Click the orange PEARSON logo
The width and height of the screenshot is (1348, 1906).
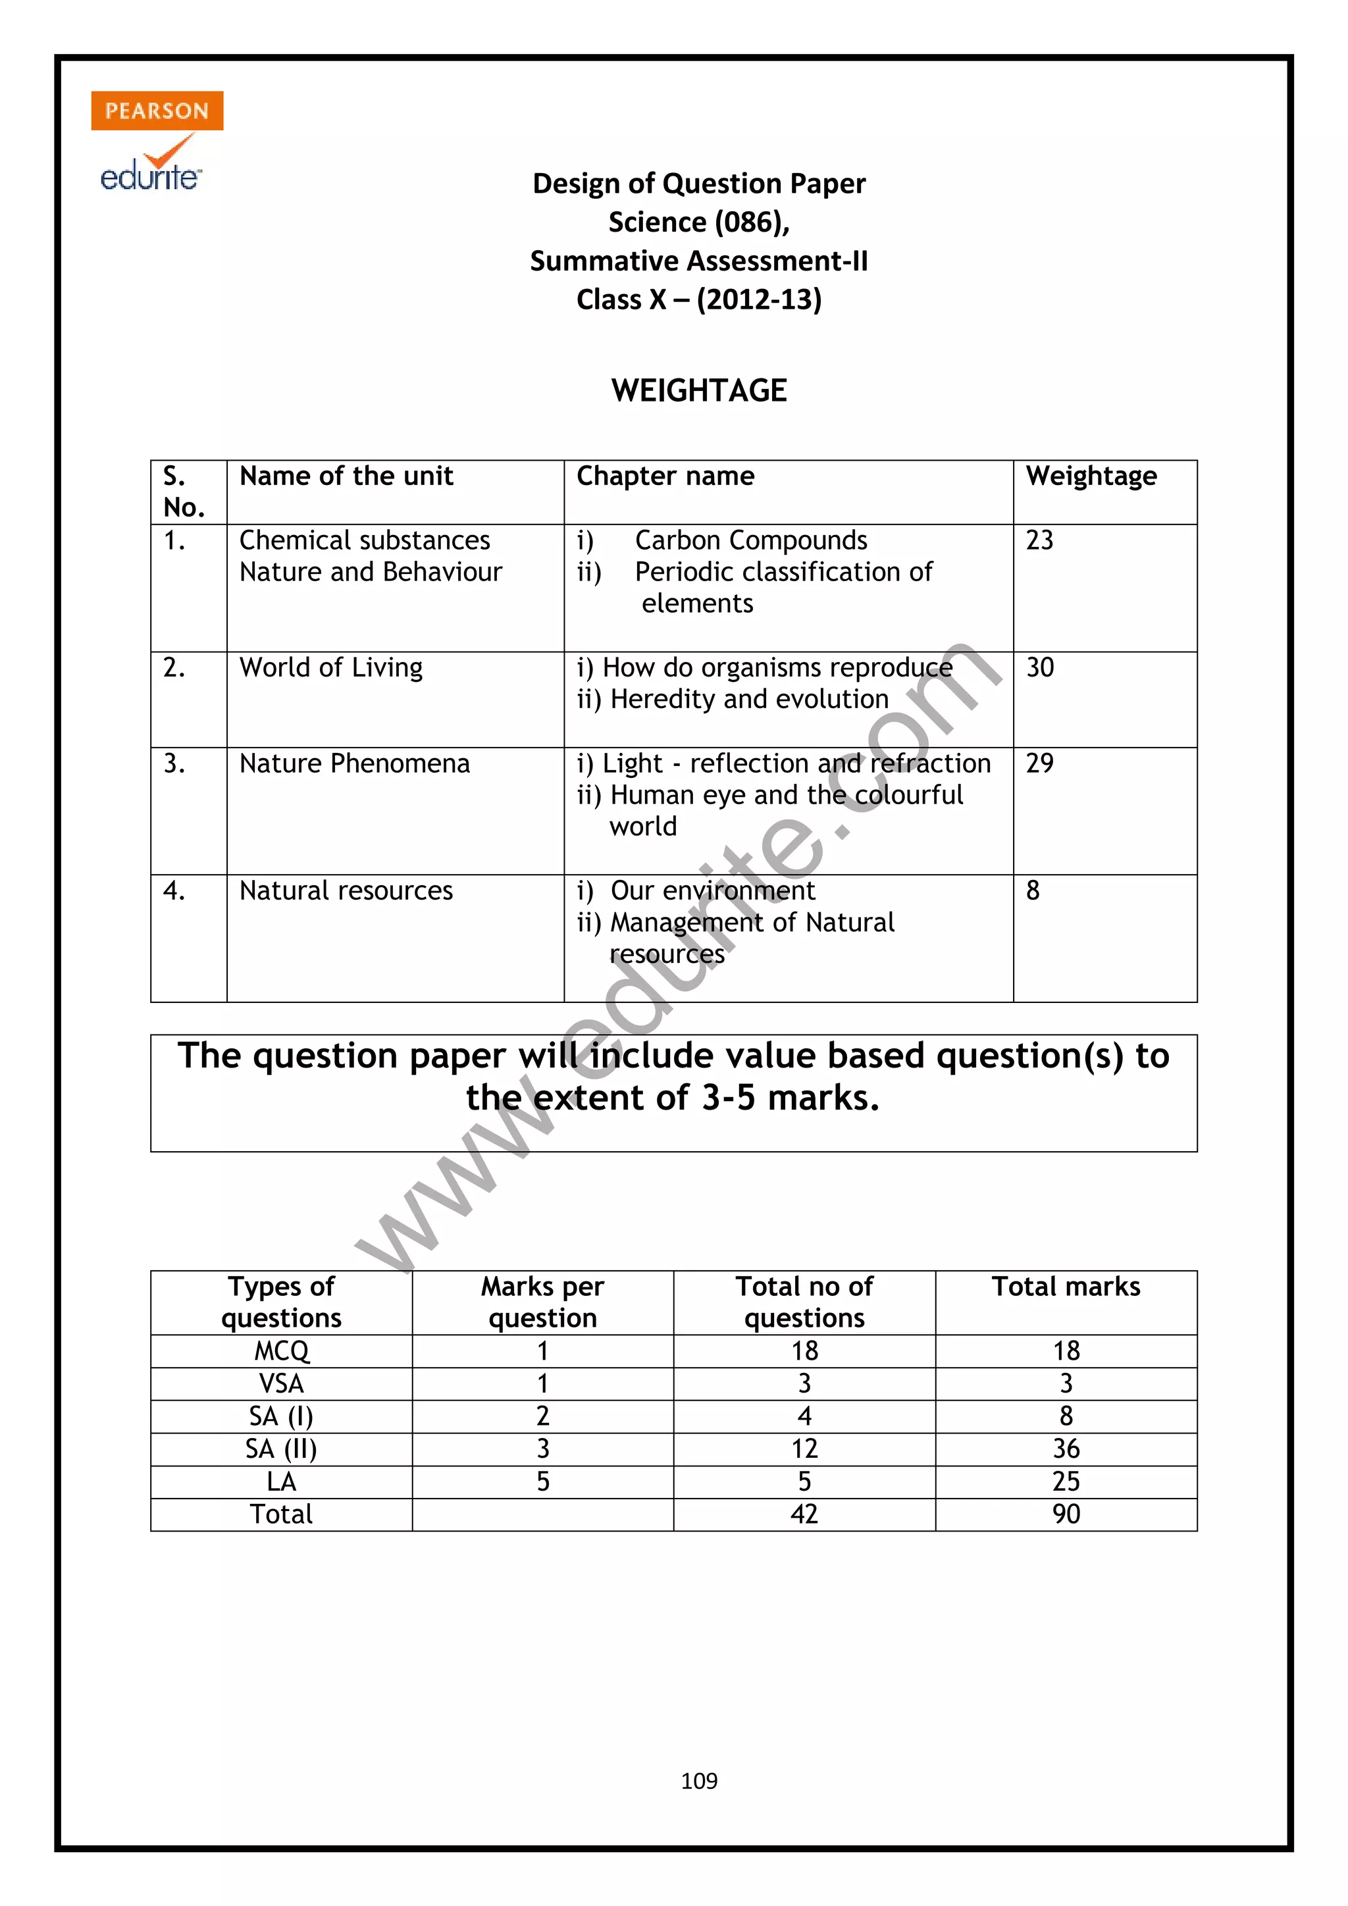157,111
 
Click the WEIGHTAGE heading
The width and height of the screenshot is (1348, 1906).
699,390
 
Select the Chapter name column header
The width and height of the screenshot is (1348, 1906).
665,476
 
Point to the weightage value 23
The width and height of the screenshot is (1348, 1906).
1039,540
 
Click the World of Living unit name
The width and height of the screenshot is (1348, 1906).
331,667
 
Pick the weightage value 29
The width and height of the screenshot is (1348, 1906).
1039,763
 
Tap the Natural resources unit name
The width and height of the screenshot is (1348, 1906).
346,890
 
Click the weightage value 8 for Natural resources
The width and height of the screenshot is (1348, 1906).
1033,890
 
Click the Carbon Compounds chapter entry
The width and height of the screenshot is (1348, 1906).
750,540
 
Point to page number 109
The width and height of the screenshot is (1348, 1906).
699,1781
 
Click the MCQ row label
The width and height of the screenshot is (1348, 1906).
282,1351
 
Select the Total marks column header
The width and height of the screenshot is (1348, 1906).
1066,1287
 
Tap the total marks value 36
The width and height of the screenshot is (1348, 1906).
1066,1449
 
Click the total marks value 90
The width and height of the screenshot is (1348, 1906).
1066,1514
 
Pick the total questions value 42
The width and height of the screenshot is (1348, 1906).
804,1514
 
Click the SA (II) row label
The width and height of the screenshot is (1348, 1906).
282,1449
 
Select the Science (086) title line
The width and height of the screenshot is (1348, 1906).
699,222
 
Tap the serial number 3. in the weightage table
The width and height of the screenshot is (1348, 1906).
174,763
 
